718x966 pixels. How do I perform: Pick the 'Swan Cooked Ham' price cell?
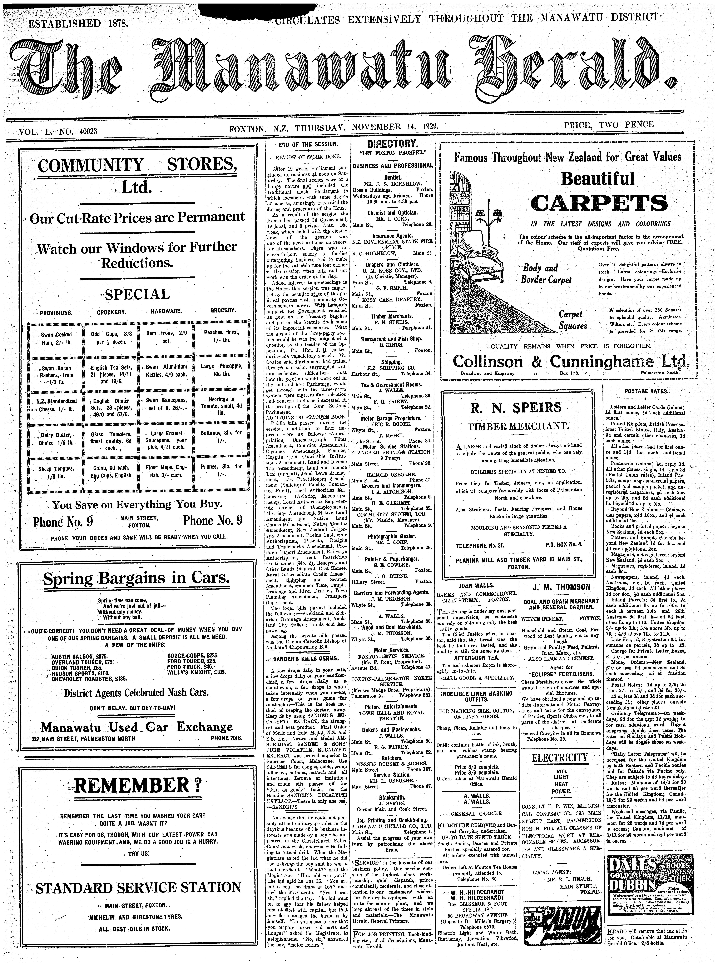pos(56,338)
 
